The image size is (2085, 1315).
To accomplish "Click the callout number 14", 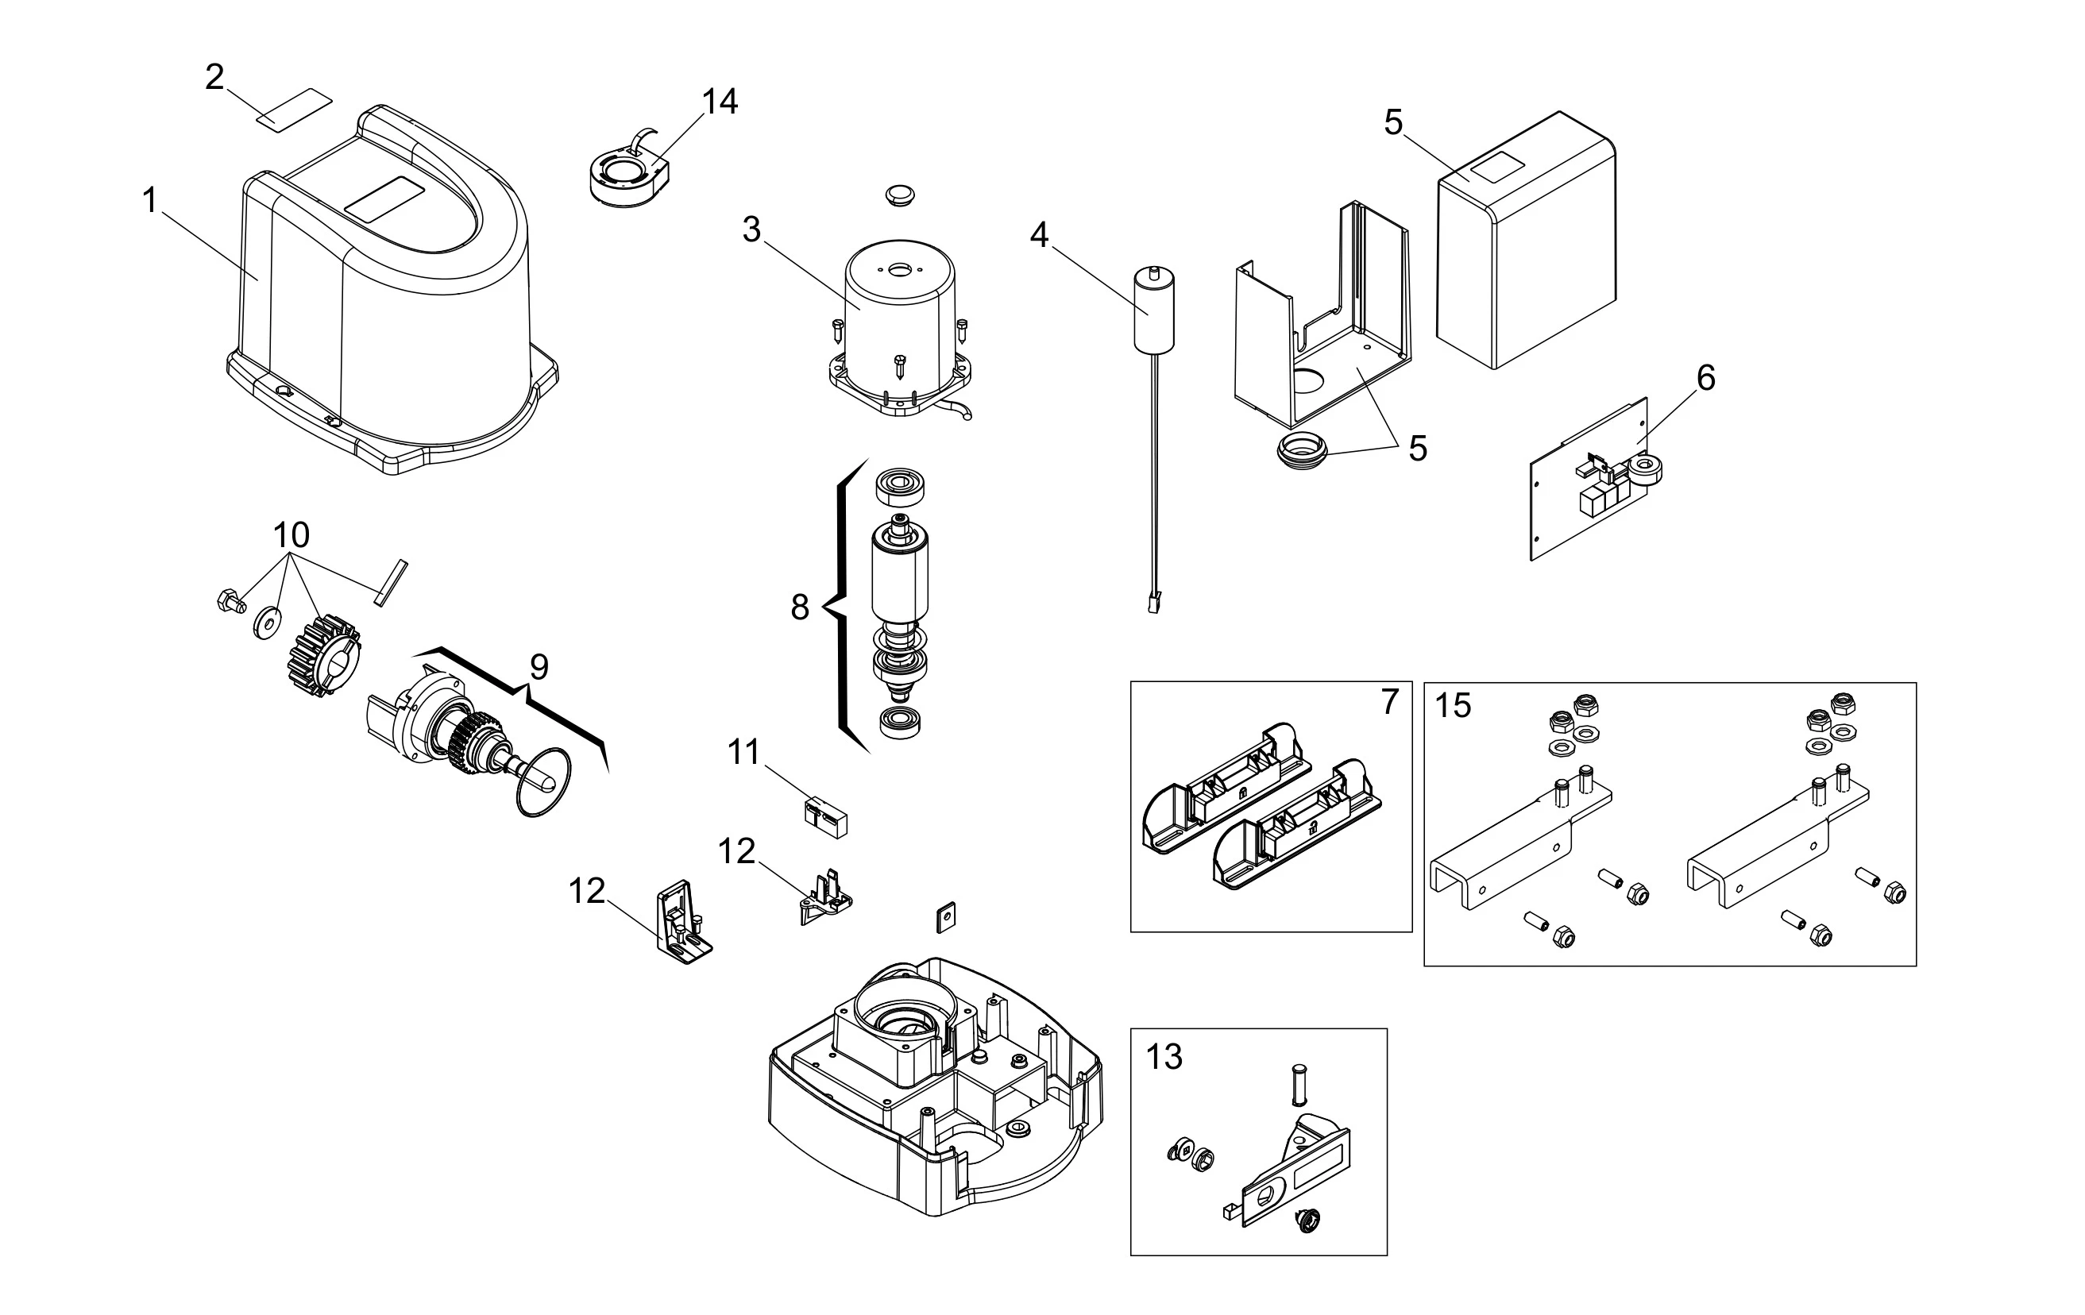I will (720, 102).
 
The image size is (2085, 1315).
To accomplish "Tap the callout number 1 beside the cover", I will (150, 201).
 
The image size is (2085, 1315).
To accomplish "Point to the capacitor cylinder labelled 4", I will (1154, 310).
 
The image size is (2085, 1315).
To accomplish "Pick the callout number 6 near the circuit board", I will (1705, 377).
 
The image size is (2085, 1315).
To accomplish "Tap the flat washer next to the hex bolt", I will (267, 622).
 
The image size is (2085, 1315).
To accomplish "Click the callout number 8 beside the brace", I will (800, 607).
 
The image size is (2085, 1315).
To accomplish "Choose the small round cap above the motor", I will (901, 194).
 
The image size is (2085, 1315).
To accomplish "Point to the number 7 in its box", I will (1389, 701).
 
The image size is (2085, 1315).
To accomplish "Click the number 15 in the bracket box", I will (1453, 707).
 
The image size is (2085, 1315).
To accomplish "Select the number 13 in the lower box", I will (1164, 1057).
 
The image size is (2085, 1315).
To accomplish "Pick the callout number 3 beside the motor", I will (751, 229).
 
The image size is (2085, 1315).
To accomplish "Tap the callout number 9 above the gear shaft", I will (539, 668).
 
